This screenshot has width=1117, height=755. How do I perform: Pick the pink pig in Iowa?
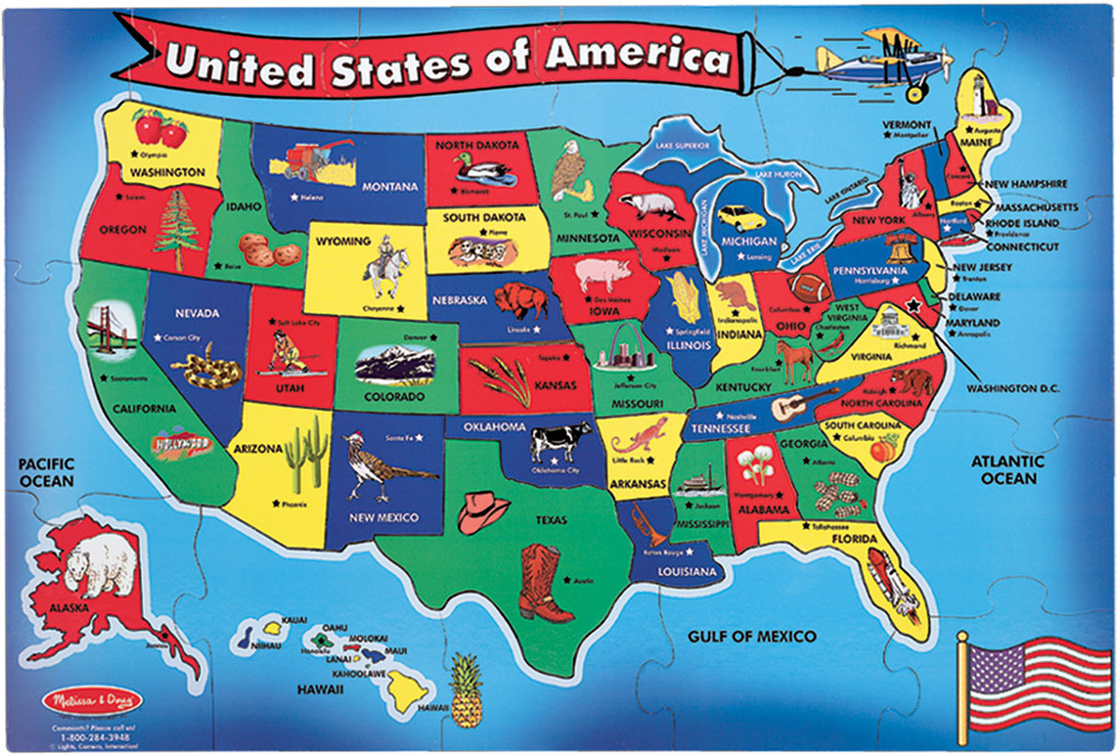[603, 273]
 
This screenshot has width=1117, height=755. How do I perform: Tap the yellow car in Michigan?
[742, 218]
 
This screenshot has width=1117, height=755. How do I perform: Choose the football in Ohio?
[811, 287]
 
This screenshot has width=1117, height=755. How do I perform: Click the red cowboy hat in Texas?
[483, 511]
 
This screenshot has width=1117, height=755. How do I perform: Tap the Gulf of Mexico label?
[752, 636]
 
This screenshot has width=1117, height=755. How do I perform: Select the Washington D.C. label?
[1012, 389]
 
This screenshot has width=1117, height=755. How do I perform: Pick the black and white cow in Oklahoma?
[560, 440]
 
